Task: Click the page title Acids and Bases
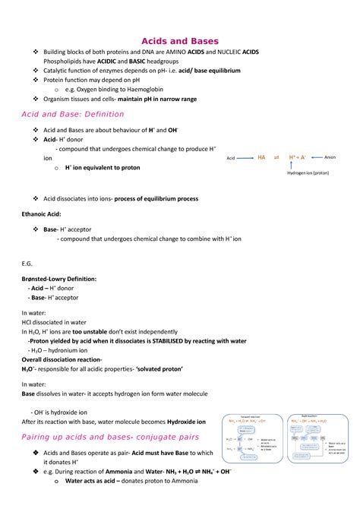tap(180, 40)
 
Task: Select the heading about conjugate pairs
tap(110, 437)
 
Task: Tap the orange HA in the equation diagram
tap(261, 157)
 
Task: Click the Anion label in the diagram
tap(330, 157)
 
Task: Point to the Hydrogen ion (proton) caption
tap(308, 173)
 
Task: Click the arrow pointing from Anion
tap(314, 157)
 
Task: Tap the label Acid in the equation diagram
tap(232, 157)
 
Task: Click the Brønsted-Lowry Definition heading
tap(59, 279)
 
